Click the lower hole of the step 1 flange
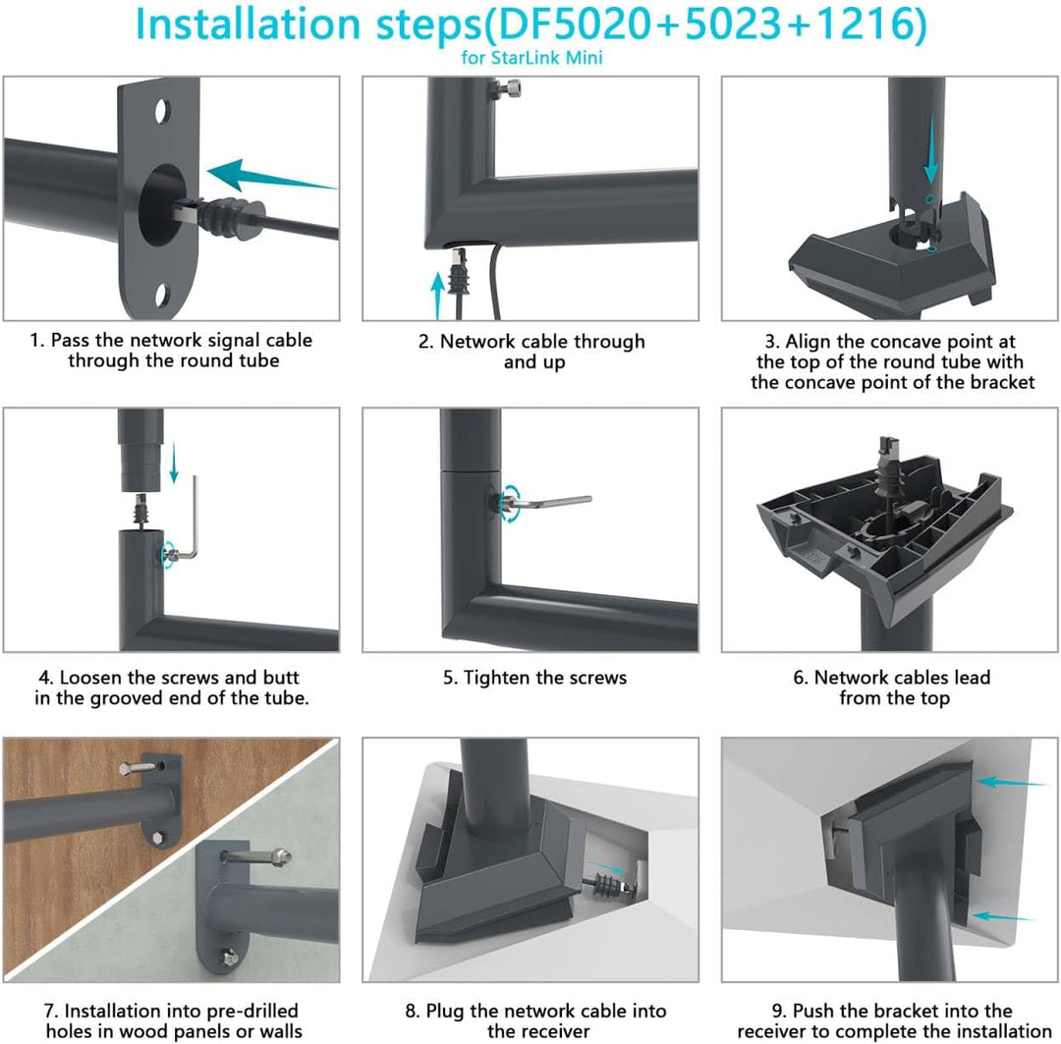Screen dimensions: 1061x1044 [162, 296]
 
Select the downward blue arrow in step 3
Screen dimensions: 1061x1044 [931, 149]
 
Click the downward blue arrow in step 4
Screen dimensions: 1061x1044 [174, 463]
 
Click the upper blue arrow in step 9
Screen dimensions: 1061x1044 [1011, 782]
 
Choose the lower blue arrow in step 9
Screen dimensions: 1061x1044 [1002, 916]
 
